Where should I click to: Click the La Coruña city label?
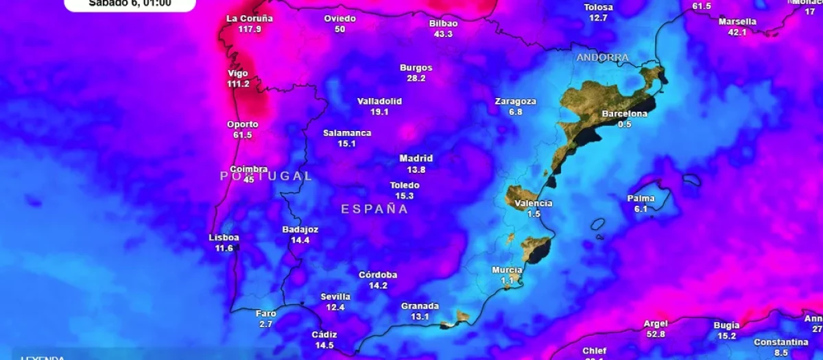250,19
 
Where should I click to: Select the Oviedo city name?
340,19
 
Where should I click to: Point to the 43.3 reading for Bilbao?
443,34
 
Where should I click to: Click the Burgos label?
416,68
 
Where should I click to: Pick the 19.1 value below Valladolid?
379,112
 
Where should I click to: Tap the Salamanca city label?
347,133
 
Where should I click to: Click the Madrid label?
416,158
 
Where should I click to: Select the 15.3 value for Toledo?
404,196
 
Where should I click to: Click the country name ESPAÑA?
375,209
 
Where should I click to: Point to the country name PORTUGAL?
266,176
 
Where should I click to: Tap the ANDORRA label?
602,58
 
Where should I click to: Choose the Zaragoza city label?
516,101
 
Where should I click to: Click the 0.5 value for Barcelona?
624,124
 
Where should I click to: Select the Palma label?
641,199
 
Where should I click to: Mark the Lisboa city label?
224,238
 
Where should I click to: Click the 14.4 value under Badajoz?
300,240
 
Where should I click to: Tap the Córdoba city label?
378,275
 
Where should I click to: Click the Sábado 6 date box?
130,4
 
